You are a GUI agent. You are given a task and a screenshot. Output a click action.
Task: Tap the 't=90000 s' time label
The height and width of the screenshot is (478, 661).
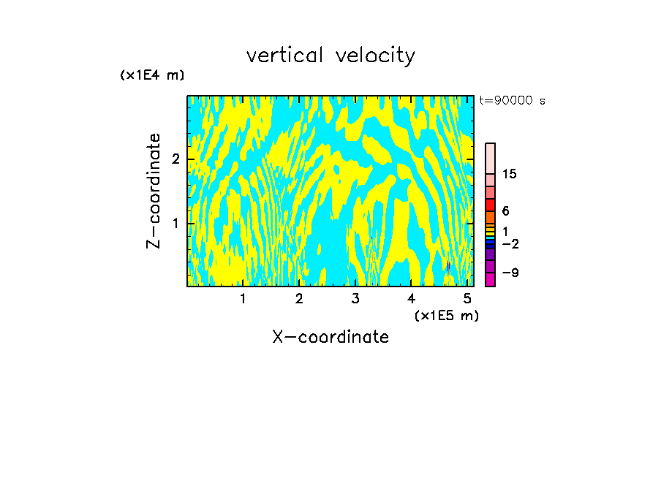click(512, 101)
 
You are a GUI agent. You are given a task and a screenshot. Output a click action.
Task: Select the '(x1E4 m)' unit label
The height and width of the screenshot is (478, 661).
click(152, 75)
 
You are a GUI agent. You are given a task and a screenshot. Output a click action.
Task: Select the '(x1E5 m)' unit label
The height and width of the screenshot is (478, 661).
click(446, 315)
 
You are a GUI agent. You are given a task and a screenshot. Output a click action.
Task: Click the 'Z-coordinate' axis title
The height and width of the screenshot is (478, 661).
click(154, 191)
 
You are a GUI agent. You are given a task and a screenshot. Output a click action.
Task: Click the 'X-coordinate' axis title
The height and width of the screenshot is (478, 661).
click(330, 337)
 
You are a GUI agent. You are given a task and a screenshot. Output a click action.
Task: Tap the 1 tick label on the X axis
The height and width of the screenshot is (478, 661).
click(243, 298)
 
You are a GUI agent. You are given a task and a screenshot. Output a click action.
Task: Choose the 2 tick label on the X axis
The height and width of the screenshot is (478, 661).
click(299, 298)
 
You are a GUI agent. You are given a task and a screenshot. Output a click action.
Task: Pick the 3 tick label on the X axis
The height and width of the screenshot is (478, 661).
click(355, 298)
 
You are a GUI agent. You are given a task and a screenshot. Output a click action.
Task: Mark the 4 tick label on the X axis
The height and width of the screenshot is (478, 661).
click(412, 298)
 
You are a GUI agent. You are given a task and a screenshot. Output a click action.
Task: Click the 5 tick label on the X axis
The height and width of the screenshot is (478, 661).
click(467, 298)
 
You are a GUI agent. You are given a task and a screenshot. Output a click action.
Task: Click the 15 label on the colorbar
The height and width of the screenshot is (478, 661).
click(510, 174)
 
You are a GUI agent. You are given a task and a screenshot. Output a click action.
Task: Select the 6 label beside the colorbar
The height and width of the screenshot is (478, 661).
click(505, 211)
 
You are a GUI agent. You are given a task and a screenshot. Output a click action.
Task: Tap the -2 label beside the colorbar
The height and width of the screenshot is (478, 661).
click(510, 243)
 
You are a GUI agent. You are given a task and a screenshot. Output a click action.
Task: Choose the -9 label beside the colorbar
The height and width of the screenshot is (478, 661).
click(510, 273)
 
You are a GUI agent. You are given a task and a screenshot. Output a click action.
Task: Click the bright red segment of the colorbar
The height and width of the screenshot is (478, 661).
click(491, 205)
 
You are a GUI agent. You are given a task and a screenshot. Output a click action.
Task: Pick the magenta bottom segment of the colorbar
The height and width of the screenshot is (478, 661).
click(491, 279)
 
